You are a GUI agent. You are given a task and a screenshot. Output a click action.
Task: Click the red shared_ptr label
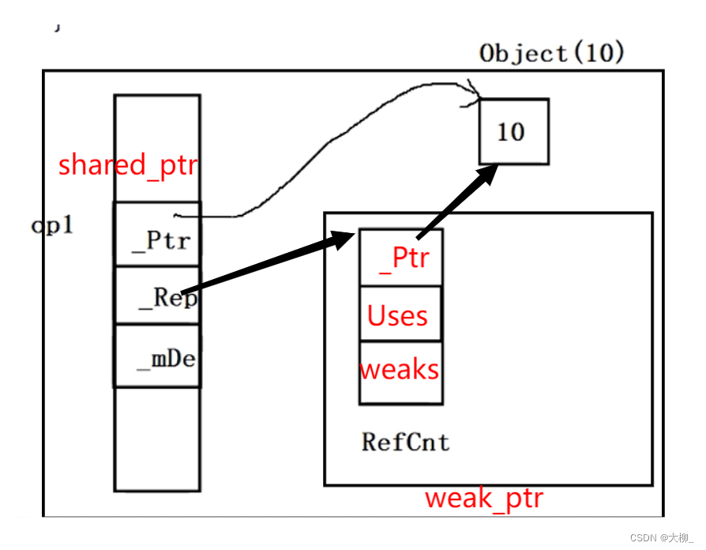(x=128, y=165)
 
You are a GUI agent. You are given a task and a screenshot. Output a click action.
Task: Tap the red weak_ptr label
(x=484, y=499)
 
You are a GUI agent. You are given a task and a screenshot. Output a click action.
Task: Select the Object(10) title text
(x=551, y=53)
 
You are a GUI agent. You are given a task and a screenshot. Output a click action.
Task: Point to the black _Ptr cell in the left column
(x=157, y=234)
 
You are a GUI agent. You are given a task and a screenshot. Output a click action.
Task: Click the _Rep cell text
(x=167, y=297)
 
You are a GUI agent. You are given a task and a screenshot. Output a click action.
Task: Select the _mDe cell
(x=157, y=356)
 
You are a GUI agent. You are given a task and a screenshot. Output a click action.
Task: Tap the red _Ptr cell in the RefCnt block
(x=400, y=257)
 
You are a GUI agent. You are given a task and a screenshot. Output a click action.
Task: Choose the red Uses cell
(x=400, y=314)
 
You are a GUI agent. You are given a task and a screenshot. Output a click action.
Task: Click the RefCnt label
(x=405, y=442)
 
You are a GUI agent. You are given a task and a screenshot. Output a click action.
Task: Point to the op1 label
(x=52, y=224)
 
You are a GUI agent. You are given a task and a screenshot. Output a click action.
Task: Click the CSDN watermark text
(x=662, y=537)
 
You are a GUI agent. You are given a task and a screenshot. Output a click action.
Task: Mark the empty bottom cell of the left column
(x=157, y=439)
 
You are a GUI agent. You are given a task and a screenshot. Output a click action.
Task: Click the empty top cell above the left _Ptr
(x=157, y=149)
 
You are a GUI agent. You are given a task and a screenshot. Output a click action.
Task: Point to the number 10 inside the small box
(x=511, y=132)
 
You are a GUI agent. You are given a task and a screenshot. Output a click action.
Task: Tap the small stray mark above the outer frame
(x=57, y=28)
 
